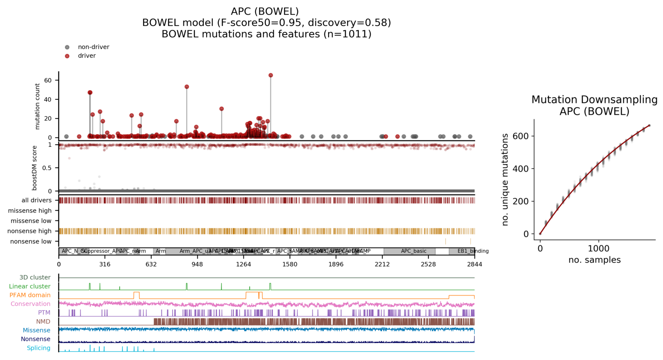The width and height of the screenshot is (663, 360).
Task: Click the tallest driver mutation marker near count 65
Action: (270, 75)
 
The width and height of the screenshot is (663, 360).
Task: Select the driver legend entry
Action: (87, 56)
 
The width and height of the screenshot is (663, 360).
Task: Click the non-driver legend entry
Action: (93, 47)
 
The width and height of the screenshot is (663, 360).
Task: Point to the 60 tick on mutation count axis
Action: (48, 80)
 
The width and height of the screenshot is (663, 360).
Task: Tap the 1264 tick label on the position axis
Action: (243, 264)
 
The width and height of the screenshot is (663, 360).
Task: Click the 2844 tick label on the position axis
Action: (474, 264)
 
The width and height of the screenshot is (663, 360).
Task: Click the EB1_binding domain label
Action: (472, 251)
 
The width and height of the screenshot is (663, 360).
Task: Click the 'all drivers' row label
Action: (36, 200)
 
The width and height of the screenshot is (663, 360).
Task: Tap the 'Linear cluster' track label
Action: (30, 286)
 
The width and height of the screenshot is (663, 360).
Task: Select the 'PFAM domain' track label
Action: (30, 295)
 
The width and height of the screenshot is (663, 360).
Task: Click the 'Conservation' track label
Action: (31, 304)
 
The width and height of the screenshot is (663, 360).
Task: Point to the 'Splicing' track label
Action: (39, 348)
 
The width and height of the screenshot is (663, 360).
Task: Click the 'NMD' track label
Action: (43, 321)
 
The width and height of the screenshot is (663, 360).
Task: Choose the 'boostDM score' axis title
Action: (35, 168)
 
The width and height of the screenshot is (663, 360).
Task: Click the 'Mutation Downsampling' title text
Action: (594, 99)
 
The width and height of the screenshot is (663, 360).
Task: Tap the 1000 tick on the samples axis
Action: (598, 249)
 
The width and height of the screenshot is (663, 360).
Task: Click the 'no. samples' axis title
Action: (594, 260)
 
